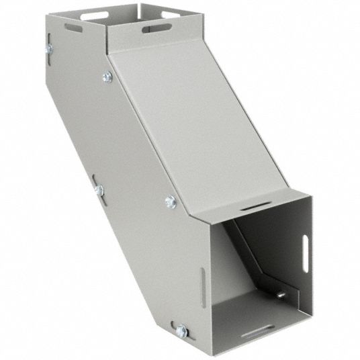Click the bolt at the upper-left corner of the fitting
click(49, 49)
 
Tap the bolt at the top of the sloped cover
click(107, 77)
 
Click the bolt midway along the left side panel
click(99, 191)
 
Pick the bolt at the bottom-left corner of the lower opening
click(181, 330)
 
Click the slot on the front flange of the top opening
click(156, 28)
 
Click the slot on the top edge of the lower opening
click(256, 205)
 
